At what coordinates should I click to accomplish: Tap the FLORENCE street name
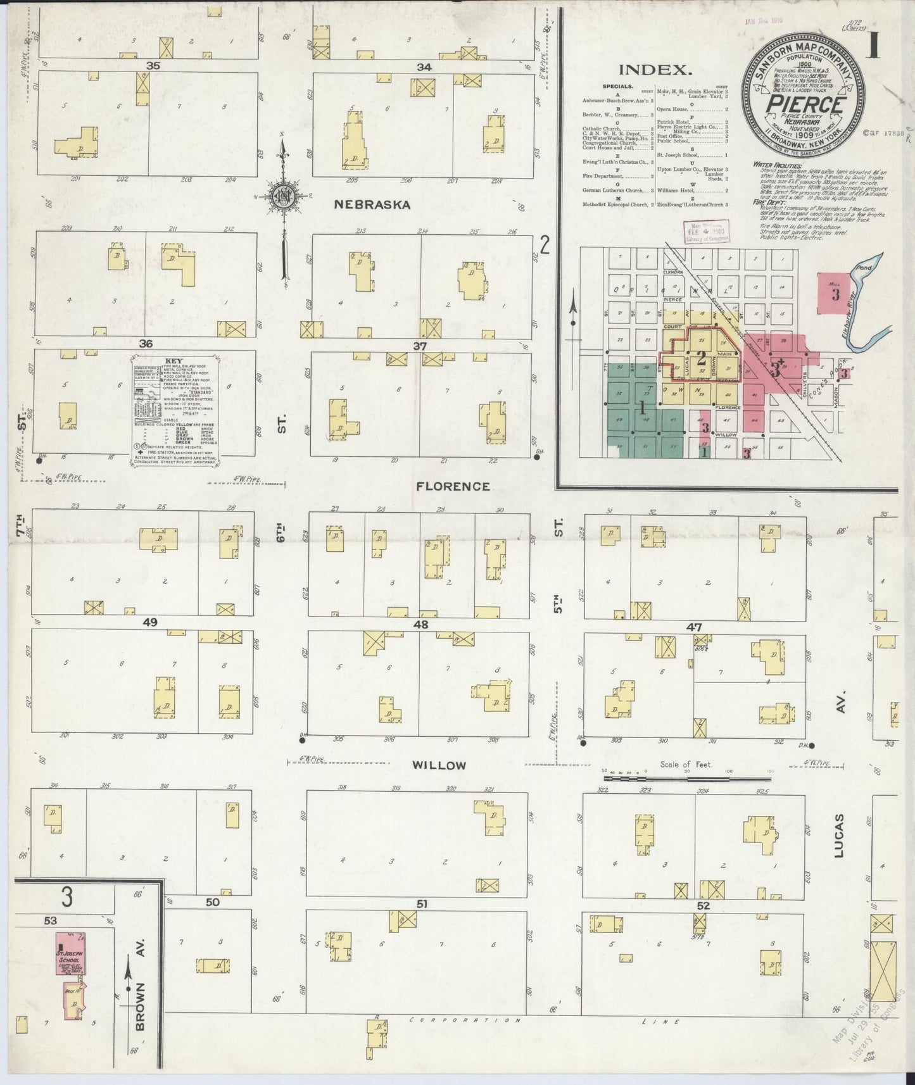[453, 486]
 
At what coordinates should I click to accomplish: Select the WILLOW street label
[439, 765]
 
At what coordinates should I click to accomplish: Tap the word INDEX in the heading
[653, 70]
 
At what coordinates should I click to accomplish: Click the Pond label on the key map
[864, 268]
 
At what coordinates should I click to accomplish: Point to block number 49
[150, 622]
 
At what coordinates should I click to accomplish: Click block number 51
[422, 904]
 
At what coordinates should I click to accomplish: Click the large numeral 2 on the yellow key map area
[701, 358]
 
